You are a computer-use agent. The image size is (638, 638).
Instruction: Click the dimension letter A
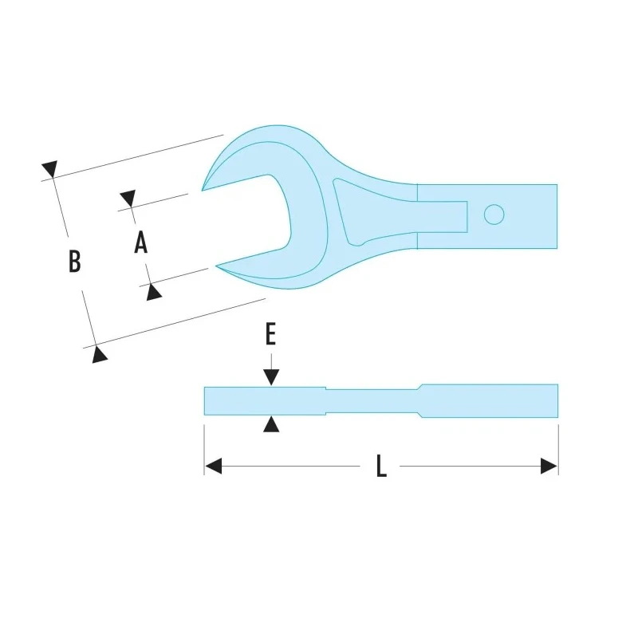pyautogui.click(x=141, y=242)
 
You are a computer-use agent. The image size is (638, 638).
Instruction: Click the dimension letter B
pyautogui.click(x=74, y=261)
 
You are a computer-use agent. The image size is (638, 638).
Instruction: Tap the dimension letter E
pyautogui.click(x=270, y=333)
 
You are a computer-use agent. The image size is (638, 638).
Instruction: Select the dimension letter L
pyautogui.click(x=381, y=466)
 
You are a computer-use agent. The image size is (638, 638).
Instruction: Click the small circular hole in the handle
pyautogui.click(x=494, y=215)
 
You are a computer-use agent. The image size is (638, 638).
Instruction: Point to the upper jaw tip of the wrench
pyautogui.click(x=203, y=190)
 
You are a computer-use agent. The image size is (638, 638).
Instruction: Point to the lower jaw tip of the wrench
pyautogui.click(x=216, y=266)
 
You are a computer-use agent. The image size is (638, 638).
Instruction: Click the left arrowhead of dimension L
pyautogui.click(x=213, y=466)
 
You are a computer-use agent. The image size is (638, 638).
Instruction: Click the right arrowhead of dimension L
pyautogui.click(x=549, y=466)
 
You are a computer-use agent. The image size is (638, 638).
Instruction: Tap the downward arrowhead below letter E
pyautogui.click(x=271, y=377)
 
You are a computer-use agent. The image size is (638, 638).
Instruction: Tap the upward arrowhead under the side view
pyautogui.click(x=271, y=424)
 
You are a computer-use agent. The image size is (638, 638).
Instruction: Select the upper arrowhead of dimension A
pyautogui.click(x=128, y=198)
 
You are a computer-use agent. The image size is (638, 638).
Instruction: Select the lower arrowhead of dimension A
pyautogui.click(x=153, y=292)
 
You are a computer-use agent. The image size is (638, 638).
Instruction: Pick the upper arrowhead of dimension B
pyautogui.click(x=50, y=168)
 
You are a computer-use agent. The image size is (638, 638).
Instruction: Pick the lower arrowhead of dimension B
pyautogui.click(x=99, y=354)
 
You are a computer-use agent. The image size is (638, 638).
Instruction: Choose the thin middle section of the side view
pyautogui.click(x=373, y=402)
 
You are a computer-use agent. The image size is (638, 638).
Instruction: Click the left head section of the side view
pyautogui.click(x=265, y=401)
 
